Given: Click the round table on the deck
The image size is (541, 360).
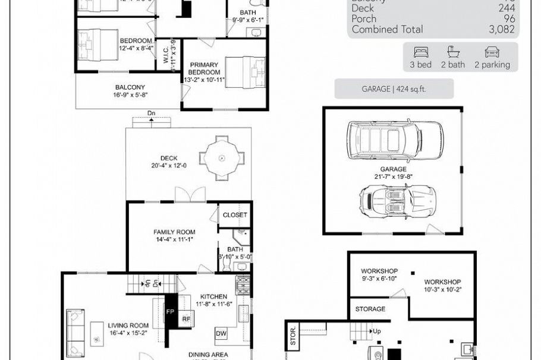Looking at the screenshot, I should (222, 158).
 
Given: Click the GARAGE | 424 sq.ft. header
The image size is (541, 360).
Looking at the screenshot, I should (394, 89).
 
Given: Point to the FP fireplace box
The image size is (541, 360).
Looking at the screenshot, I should (171, 311).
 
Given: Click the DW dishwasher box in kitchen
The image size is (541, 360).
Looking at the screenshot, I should (221, 334).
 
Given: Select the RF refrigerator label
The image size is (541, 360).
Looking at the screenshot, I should (186, 319).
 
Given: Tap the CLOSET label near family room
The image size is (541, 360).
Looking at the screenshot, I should (235, 215).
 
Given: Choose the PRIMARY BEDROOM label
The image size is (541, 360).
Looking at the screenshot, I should (204, 68).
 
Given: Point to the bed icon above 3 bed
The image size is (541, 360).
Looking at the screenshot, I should (421, 52).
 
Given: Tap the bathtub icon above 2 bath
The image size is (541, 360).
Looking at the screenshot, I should (452, 52).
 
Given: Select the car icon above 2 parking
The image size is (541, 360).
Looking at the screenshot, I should (492, 52).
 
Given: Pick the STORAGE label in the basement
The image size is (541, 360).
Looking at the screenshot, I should (370, 309).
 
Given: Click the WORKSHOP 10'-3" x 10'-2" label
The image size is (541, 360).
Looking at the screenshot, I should (442, 286).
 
